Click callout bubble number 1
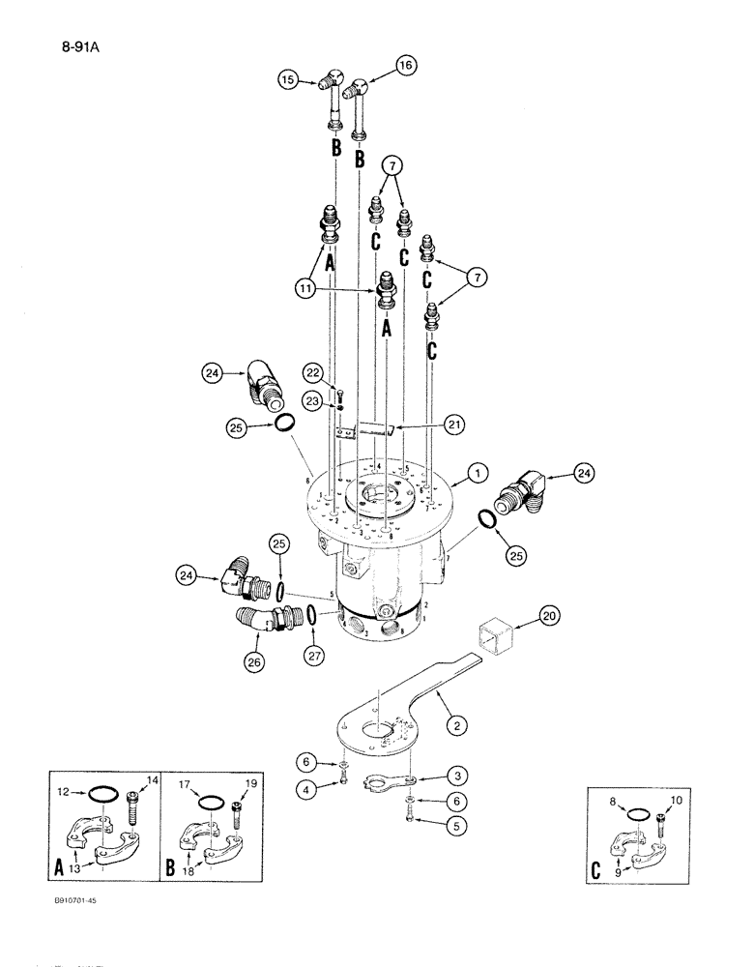[476, 473]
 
